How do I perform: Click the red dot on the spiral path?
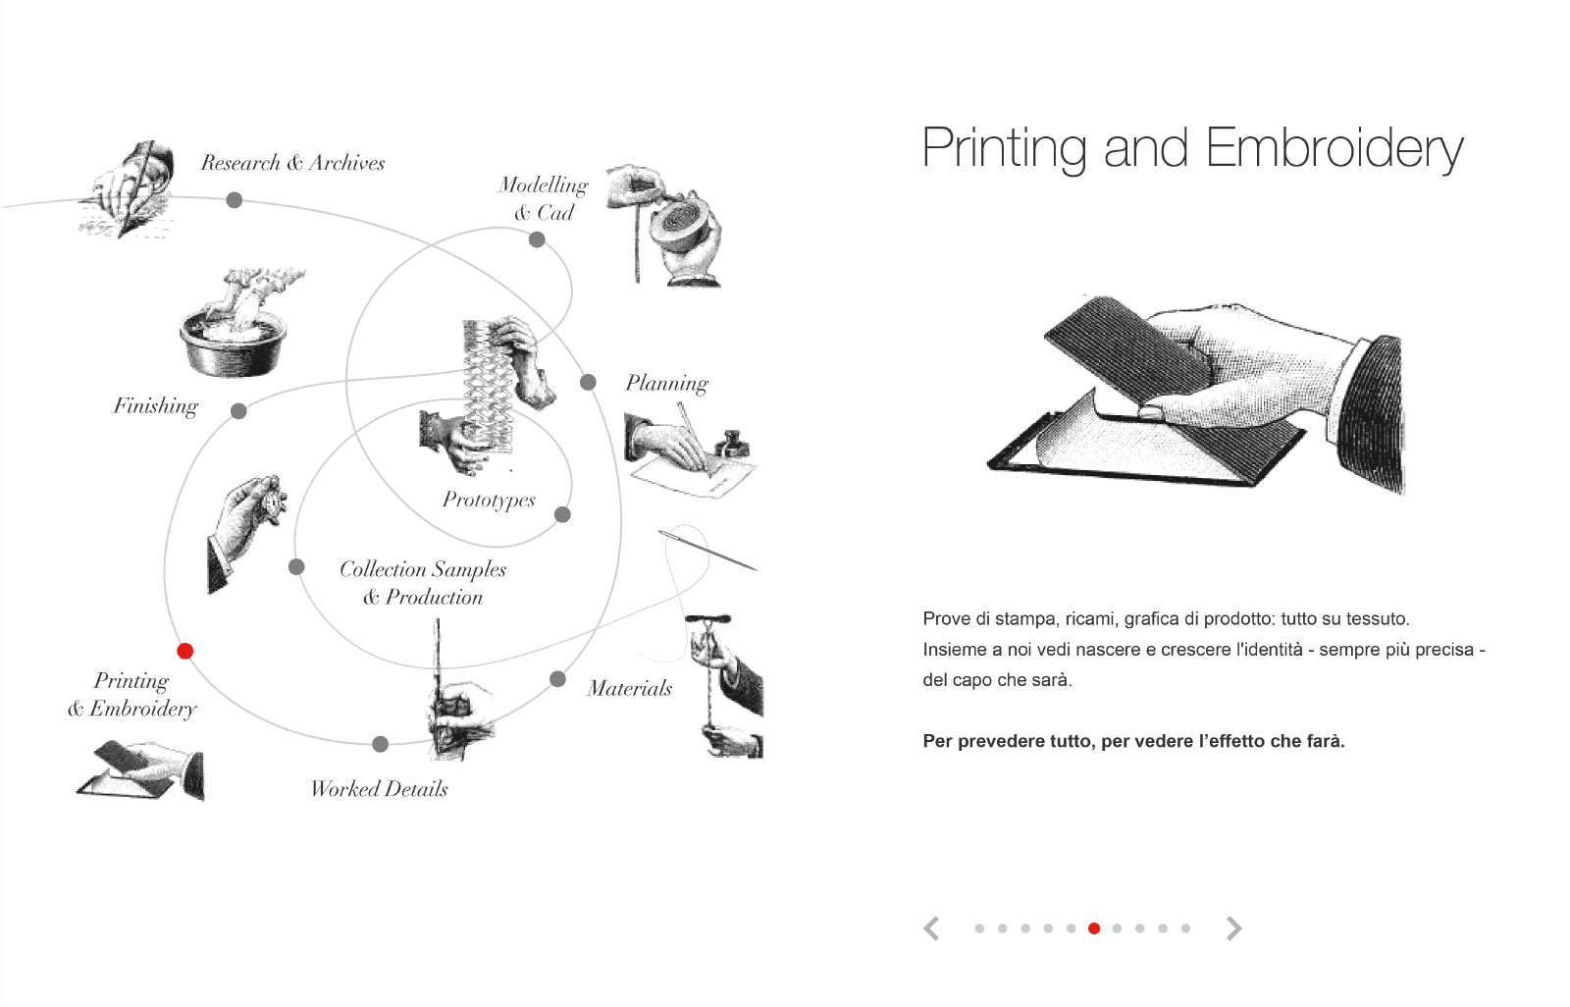point(185,651)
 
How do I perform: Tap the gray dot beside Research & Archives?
point(235,200)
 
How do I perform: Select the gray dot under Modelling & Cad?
point(537,239)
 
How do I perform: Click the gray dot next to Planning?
point(588,382)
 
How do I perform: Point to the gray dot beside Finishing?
point(239,411)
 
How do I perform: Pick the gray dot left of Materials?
point(558,679)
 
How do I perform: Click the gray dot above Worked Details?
point(381,744)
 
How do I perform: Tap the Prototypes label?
point(489,500)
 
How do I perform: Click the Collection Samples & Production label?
point(423,583)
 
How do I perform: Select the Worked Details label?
point(379,789)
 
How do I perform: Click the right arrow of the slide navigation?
point(1234,927)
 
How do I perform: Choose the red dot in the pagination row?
point(1094,928)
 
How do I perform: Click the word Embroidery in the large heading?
point(1334,148)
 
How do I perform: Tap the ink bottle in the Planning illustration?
point(732,444)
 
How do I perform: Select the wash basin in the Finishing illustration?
point(234,344)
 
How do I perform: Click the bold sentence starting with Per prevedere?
point(1133,741)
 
